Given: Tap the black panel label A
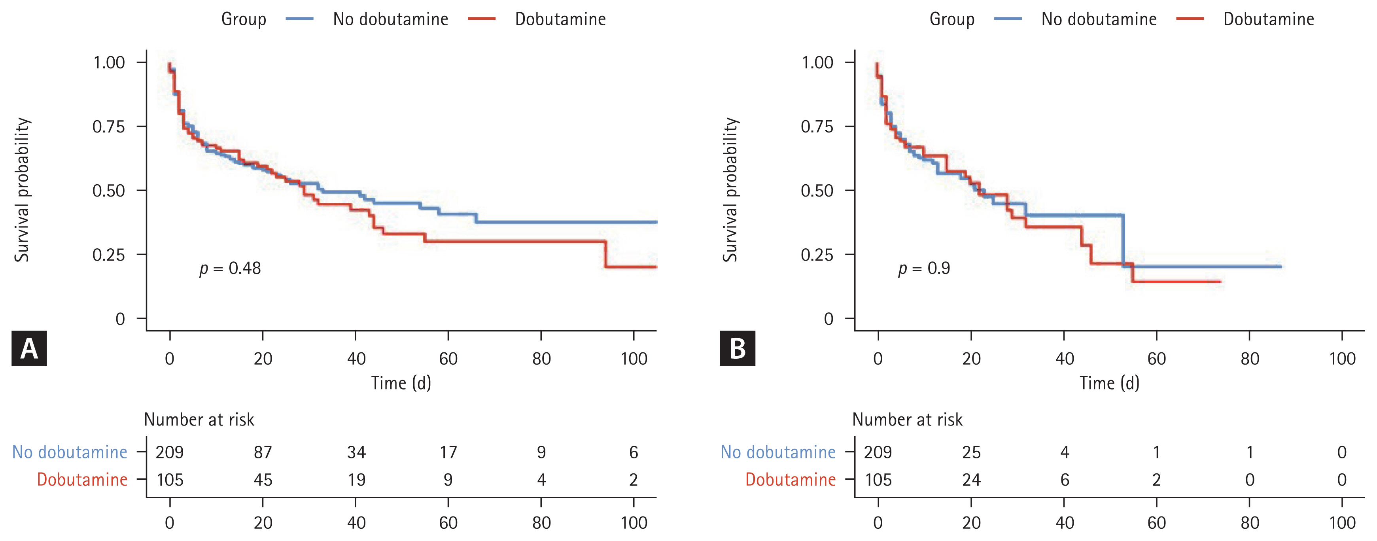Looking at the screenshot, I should [x=29, y=348].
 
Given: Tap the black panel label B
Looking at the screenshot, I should [x=737, y=348].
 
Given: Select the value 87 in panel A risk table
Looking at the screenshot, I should [x=263, y=452].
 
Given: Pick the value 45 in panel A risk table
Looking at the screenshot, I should [x=263, y=480].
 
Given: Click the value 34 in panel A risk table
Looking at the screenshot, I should [x=356, y=452].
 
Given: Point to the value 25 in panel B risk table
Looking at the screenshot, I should [x=971, y=452].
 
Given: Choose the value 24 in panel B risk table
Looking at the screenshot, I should [x=971, y=480].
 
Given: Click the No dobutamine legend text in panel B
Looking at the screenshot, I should [x=1099, y=19].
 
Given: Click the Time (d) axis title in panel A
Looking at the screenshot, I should [x=401, y=383].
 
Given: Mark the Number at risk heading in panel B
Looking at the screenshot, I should [x=907, y=420].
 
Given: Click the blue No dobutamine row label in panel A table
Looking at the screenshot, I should [x=70, y=452].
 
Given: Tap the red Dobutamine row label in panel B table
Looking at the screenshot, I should [x=790, y=480].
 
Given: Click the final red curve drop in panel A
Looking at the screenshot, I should [x=605, y=254].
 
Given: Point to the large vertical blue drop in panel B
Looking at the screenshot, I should [x=1123, y=240].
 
